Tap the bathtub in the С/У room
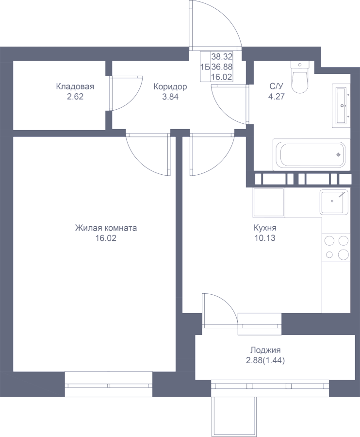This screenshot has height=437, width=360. point(311,154)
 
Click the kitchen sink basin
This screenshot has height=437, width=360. point(334,202)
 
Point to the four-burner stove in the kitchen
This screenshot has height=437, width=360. point(336,248)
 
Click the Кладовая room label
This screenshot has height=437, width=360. point(75,86)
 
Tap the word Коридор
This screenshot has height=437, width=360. point(170,87)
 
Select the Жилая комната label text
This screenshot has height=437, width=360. point(106,228)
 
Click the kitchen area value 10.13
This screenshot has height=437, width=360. point(265,238)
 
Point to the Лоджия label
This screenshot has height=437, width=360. point(265,350)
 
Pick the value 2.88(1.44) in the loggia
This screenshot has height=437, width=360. point(265,361)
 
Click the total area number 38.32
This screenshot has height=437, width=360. point(222,57)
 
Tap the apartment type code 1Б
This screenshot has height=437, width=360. point(205,67)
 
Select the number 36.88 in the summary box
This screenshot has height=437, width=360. point(222,67)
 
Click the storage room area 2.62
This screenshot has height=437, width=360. point(75,97)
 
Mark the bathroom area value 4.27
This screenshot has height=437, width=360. point(277,97)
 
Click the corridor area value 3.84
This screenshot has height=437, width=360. point(170,97)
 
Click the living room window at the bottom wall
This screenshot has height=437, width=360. point(109,386)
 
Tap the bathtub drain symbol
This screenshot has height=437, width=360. point(338,155)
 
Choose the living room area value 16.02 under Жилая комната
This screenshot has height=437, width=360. point(106,238)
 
